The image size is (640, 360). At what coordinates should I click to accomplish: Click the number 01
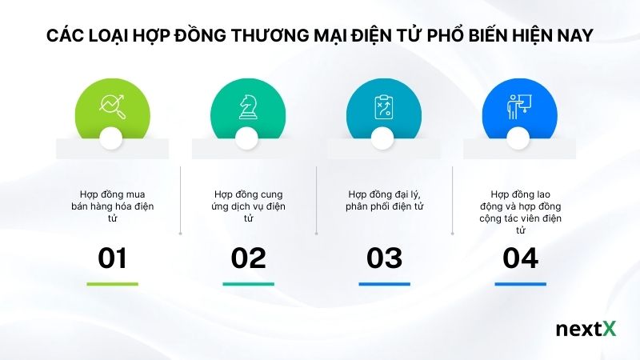[112, 258]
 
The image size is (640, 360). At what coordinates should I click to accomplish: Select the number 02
[248, 258]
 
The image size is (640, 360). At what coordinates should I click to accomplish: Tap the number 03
[384, 258]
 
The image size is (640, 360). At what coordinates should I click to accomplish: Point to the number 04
[520, 258]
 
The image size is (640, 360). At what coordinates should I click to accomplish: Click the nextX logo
[586, 330]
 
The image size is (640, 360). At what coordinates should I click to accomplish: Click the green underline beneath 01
[112, 284]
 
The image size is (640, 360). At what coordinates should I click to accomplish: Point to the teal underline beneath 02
[248, 284]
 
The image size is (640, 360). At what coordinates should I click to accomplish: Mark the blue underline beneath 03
[384, 284]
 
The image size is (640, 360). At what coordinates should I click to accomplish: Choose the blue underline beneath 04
[520, 284]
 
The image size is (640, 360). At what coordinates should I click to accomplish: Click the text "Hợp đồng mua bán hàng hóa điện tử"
[112, 206]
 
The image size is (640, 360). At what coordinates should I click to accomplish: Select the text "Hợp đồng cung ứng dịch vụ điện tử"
[248, 206]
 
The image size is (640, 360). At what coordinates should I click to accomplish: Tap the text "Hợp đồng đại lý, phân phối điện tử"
[385, 201]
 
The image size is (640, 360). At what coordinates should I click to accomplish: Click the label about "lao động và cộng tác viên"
[520, 212]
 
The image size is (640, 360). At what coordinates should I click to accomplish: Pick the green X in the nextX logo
[610, 330]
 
